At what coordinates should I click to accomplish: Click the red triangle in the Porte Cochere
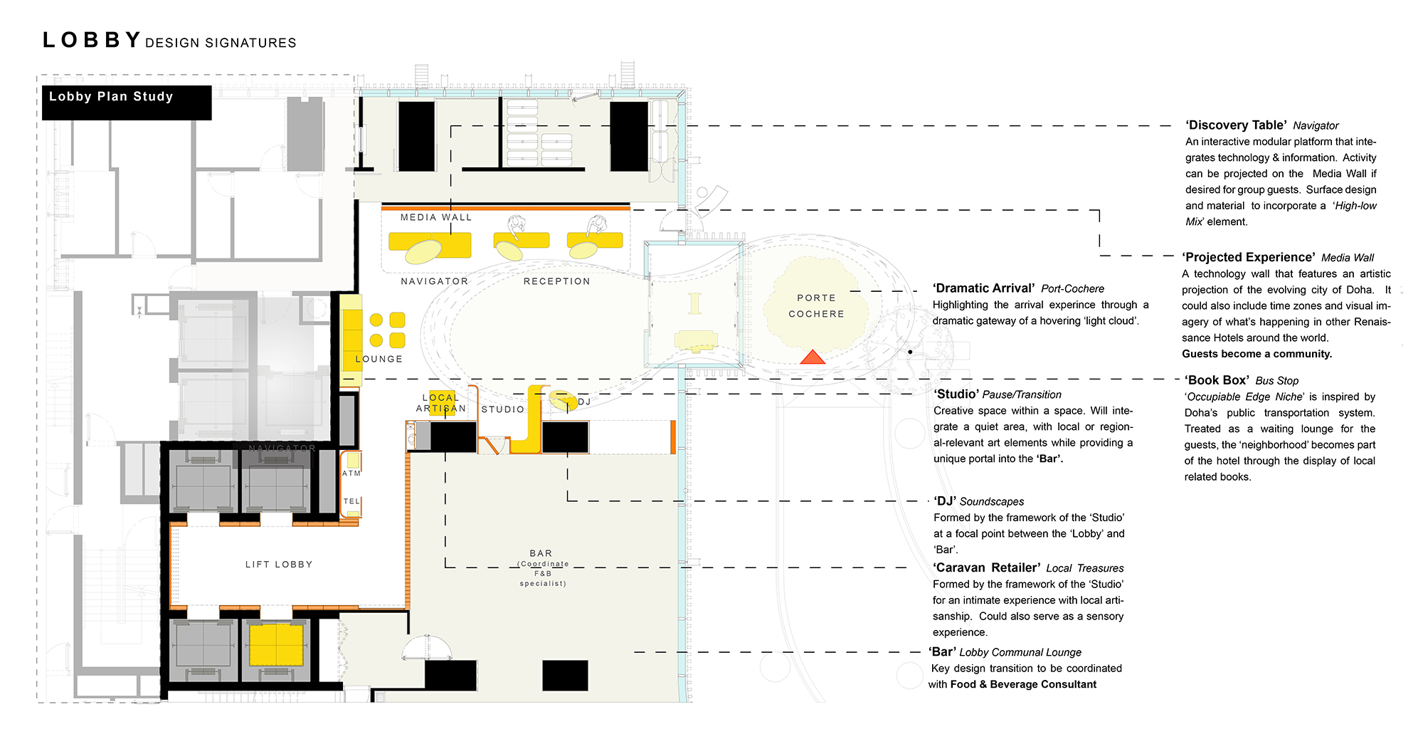coord(813,357)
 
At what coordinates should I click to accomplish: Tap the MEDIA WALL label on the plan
coord(436,217)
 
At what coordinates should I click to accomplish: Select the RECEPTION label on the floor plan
coord(557,281)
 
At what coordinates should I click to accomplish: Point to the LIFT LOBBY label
coord(279,565)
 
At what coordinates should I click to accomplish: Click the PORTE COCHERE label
coord(816,305)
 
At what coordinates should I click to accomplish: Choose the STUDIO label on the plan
coord(503,409)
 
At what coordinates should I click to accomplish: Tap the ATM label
coord(351,473)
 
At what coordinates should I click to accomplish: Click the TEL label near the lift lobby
coord(351,501)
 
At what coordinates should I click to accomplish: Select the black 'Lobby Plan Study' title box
coord(127,103)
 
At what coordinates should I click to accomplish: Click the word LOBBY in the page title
coord(92,40)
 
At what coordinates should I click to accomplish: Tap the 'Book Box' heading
coord(1216,380)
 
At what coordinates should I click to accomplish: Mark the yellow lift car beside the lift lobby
coord(276,644)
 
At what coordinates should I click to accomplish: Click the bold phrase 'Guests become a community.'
coord(1257,354)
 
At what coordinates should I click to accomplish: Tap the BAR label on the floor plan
coord(541,553)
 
